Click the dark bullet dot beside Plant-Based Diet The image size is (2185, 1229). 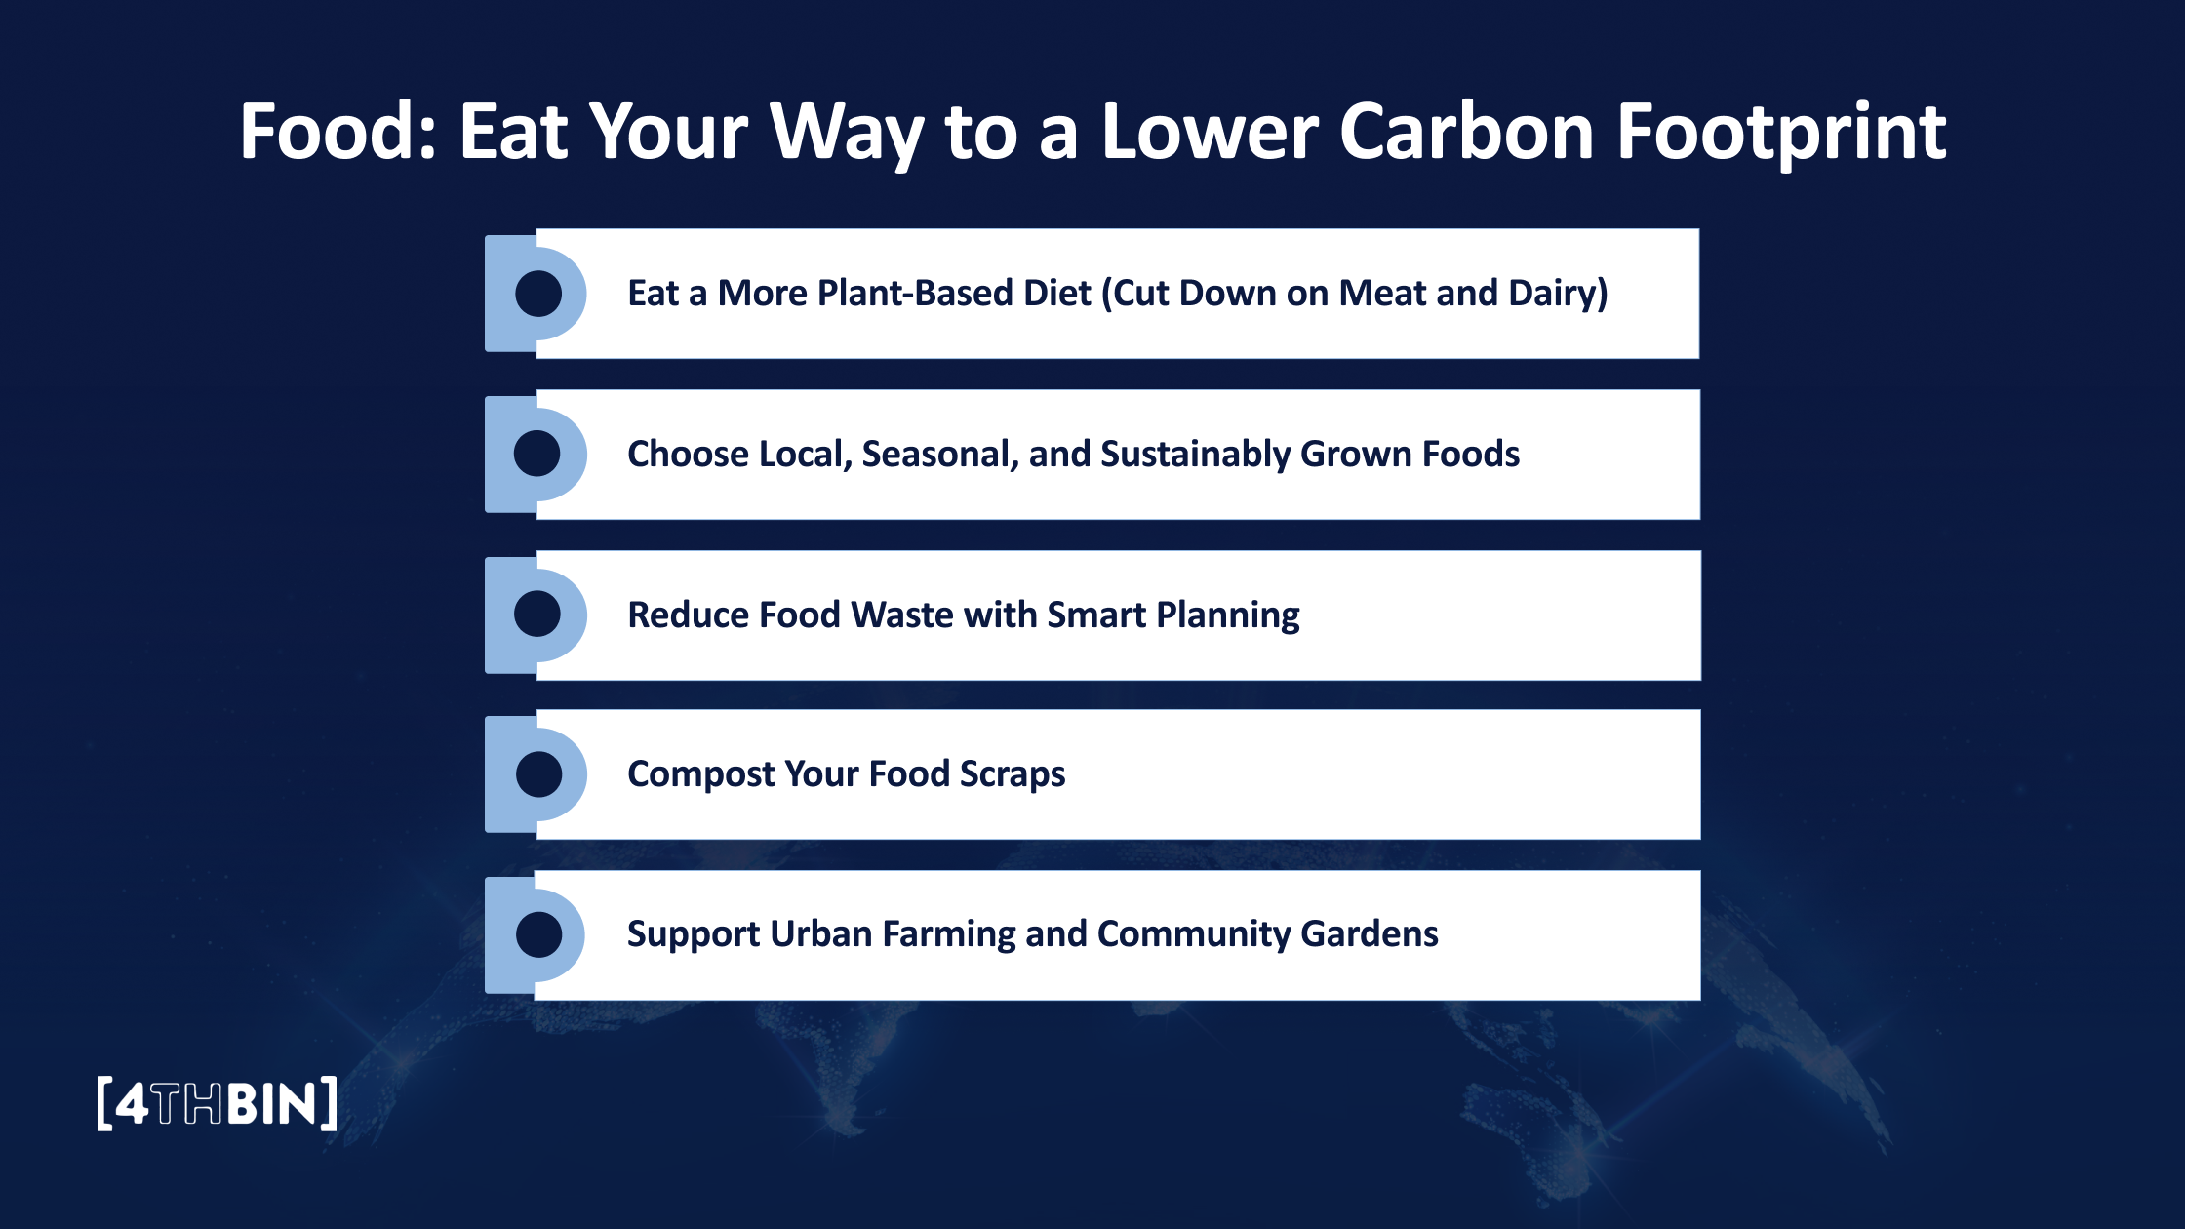(538, 294)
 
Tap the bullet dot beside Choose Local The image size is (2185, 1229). (537, 454)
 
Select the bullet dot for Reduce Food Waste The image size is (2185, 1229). (537, 614)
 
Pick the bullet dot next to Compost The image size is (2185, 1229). (538, 774)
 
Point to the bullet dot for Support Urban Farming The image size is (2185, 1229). (538, 934)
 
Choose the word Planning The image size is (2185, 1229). (1228, 615)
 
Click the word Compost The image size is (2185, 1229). (700, 774)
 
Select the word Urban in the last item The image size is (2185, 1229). (820, 934)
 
